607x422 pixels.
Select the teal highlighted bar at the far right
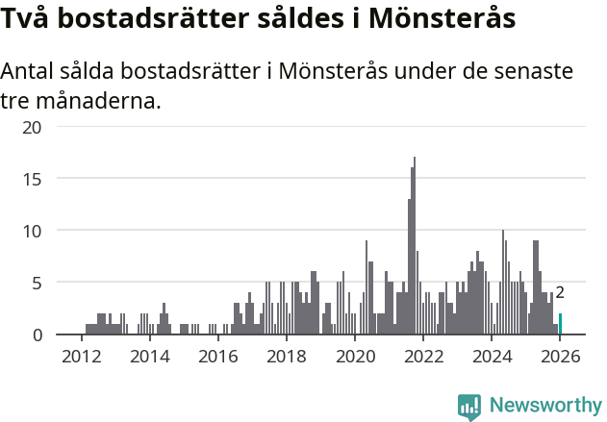[x=560, y=324]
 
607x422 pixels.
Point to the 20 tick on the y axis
[x=32, y=127]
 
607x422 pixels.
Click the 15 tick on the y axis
[x=32, y=179]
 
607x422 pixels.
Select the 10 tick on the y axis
[x=32, y=231]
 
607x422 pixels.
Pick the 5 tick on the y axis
[x=37, y=283]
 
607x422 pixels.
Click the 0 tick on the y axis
[x=37, y=335]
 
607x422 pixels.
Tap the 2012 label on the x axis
[x=81, y=356]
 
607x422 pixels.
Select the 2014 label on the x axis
[x=149, y=356]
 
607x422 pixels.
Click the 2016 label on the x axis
[x=217, y=356]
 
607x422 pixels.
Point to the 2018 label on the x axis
[x=286, y=356]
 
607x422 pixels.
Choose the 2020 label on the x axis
[x=354, y=356]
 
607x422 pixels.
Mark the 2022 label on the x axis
[x=423, y=356]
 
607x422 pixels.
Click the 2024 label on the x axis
[x=492, y=356]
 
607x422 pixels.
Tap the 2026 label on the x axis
[x=560, y=356]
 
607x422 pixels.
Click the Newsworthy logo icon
[x=469, y=407]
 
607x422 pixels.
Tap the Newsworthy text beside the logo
[x=545, y=407]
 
